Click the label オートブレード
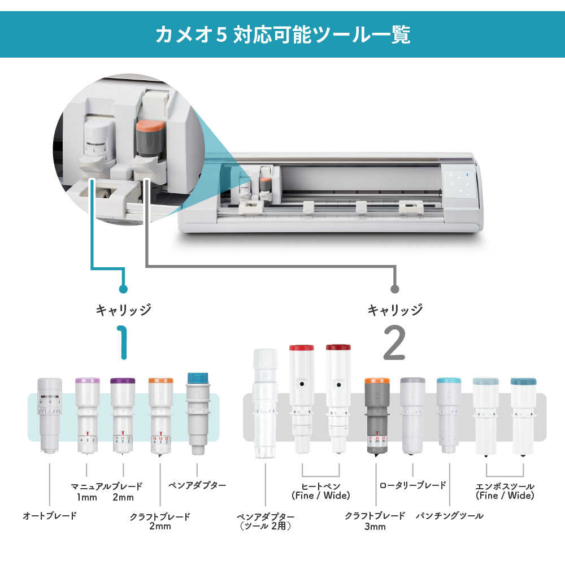50,516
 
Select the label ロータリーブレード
412,485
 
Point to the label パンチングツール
450,516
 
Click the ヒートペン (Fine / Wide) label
321,491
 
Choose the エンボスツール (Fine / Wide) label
505,491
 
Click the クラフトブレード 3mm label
375,521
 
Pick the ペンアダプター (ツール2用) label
265,521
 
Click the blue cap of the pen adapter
197,378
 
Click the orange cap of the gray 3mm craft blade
376,381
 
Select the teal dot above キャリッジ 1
123,289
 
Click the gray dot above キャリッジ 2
394,289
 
